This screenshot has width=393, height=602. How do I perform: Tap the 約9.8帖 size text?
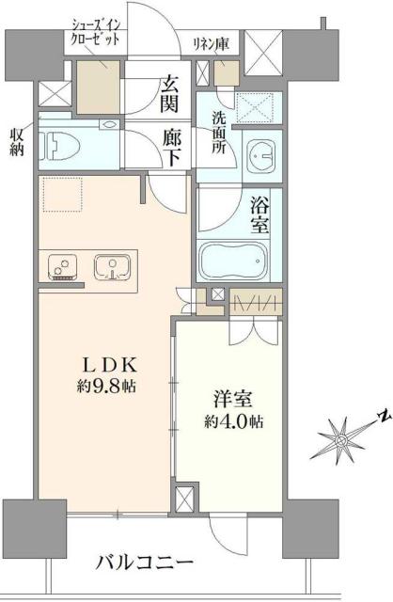click(106, 386)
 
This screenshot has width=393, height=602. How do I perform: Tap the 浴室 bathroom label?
click(260, 215)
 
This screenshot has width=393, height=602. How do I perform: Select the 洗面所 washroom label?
click(217, 134)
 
